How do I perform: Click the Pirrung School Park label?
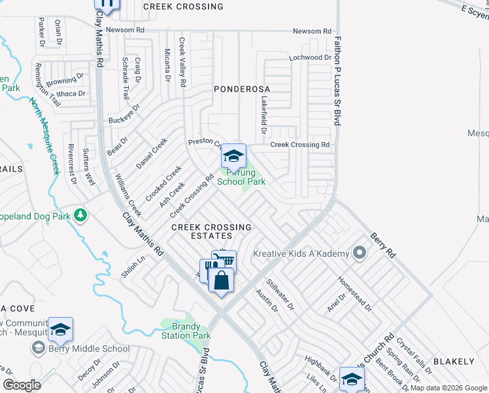(241, 176)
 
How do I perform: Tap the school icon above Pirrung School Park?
(233, 156)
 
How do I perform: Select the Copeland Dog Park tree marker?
(80, 215)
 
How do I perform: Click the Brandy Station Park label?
(186, 330)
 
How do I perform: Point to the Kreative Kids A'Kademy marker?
(358, 252)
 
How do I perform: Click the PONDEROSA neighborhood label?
(242, 88)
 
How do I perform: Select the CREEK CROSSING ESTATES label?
(211, 231)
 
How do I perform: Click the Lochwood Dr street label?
(311, 58)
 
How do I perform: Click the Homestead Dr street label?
(354, 293)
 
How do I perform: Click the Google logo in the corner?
(22, 385)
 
